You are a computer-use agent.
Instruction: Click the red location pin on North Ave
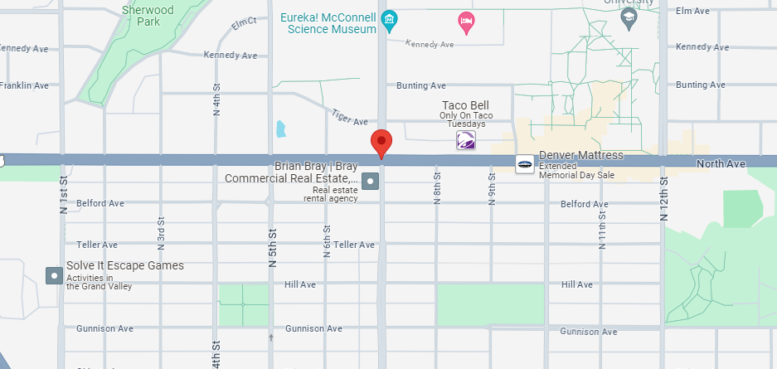click(381, 142)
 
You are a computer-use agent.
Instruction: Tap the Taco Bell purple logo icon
click(466, 142)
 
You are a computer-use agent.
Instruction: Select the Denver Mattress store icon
click(524, 164)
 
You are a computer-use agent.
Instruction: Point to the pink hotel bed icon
click(466, 21)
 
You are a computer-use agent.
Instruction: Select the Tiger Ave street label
click(348, 117)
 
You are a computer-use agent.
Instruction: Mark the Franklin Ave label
click(24, 85)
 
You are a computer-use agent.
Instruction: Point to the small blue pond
click(280, 129)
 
